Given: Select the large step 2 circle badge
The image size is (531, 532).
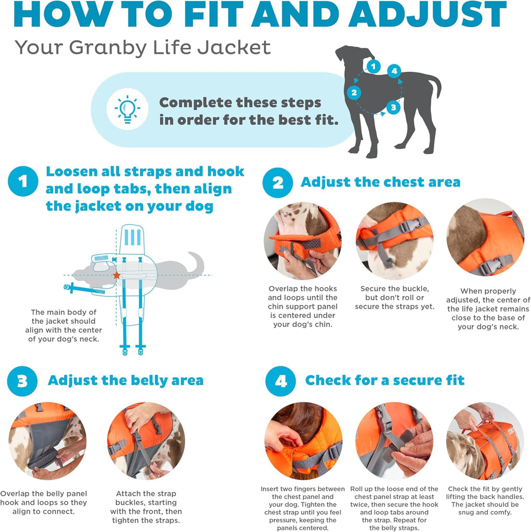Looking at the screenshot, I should point(278,183).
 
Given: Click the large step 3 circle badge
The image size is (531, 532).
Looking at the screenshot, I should point(22,381).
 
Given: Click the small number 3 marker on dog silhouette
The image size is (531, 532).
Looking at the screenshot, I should point(394,108).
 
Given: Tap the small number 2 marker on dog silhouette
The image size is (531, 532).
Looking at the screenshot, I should point(354,93).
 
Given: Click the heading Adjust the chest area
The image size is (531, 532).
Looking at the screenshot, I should point(380,182).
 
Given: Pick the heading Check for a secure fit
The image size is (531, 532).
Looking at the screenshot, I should point(384,380).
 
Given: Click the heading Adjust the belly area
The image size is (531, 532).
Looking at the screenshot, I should point(125,380).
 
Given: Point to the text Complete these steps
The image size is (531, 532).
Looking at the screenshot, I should point(240,102).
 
